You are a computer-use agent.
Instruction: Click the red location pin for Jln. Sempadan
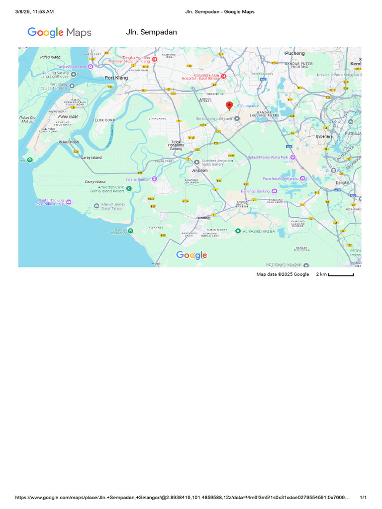click(229, 106)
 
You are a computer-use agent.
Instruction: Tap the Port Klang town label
click(116, 78)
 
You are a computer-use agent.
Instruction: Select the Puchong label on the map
click(294, 53)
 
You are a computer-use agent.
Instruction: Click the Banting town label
click(203, 218)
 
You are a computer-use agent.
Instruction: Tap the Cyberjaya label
click(324, 136)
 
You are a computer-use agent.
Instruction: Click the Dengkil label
click(343, 182)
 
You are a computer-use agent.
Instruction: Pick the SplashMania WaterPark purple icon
click(293, 157)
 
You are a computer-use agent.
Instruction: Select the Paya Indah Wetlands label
click(281, 178)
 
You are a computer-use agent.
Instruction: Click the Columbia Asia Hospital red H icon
click(223, 76)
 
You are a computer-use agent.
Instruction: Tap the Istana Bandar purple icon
click(155, 178)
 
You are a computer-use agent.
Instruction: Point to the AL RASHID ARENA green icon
click(238, 231)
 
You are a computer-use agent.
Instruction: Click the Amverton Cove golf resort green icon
click(128, 188)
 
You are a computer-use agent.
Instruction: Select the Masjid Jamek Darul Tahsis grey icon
click(96, 206)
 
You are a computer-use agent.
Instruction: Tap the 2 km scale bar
click(341, 274)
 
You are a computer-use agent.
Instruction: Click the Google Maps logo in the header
click(59, 33)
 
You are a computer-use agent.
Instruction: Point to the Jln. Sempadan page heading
click(151, 32)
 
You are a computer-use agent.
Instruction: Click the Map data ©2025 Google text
click(283, 274)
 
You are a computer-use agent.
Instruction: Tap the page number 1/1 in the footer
click(363, 498)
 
